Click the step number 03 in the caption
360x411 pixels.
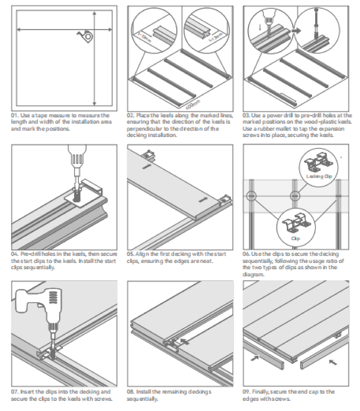(246, 115)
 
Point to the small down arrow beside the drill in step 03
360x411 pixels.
(260, 27)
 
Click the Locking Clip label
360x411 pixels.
(319, 176)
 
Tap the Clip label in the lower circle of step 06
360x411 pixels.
(295, 239)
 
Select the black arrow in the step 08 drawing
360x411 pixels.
(184, 341)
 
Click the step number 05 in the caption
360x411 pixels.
(130, 254)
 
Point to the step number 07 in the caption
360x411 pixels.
(15, 392)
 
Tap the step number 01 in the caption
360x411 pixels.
(15, 115)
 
